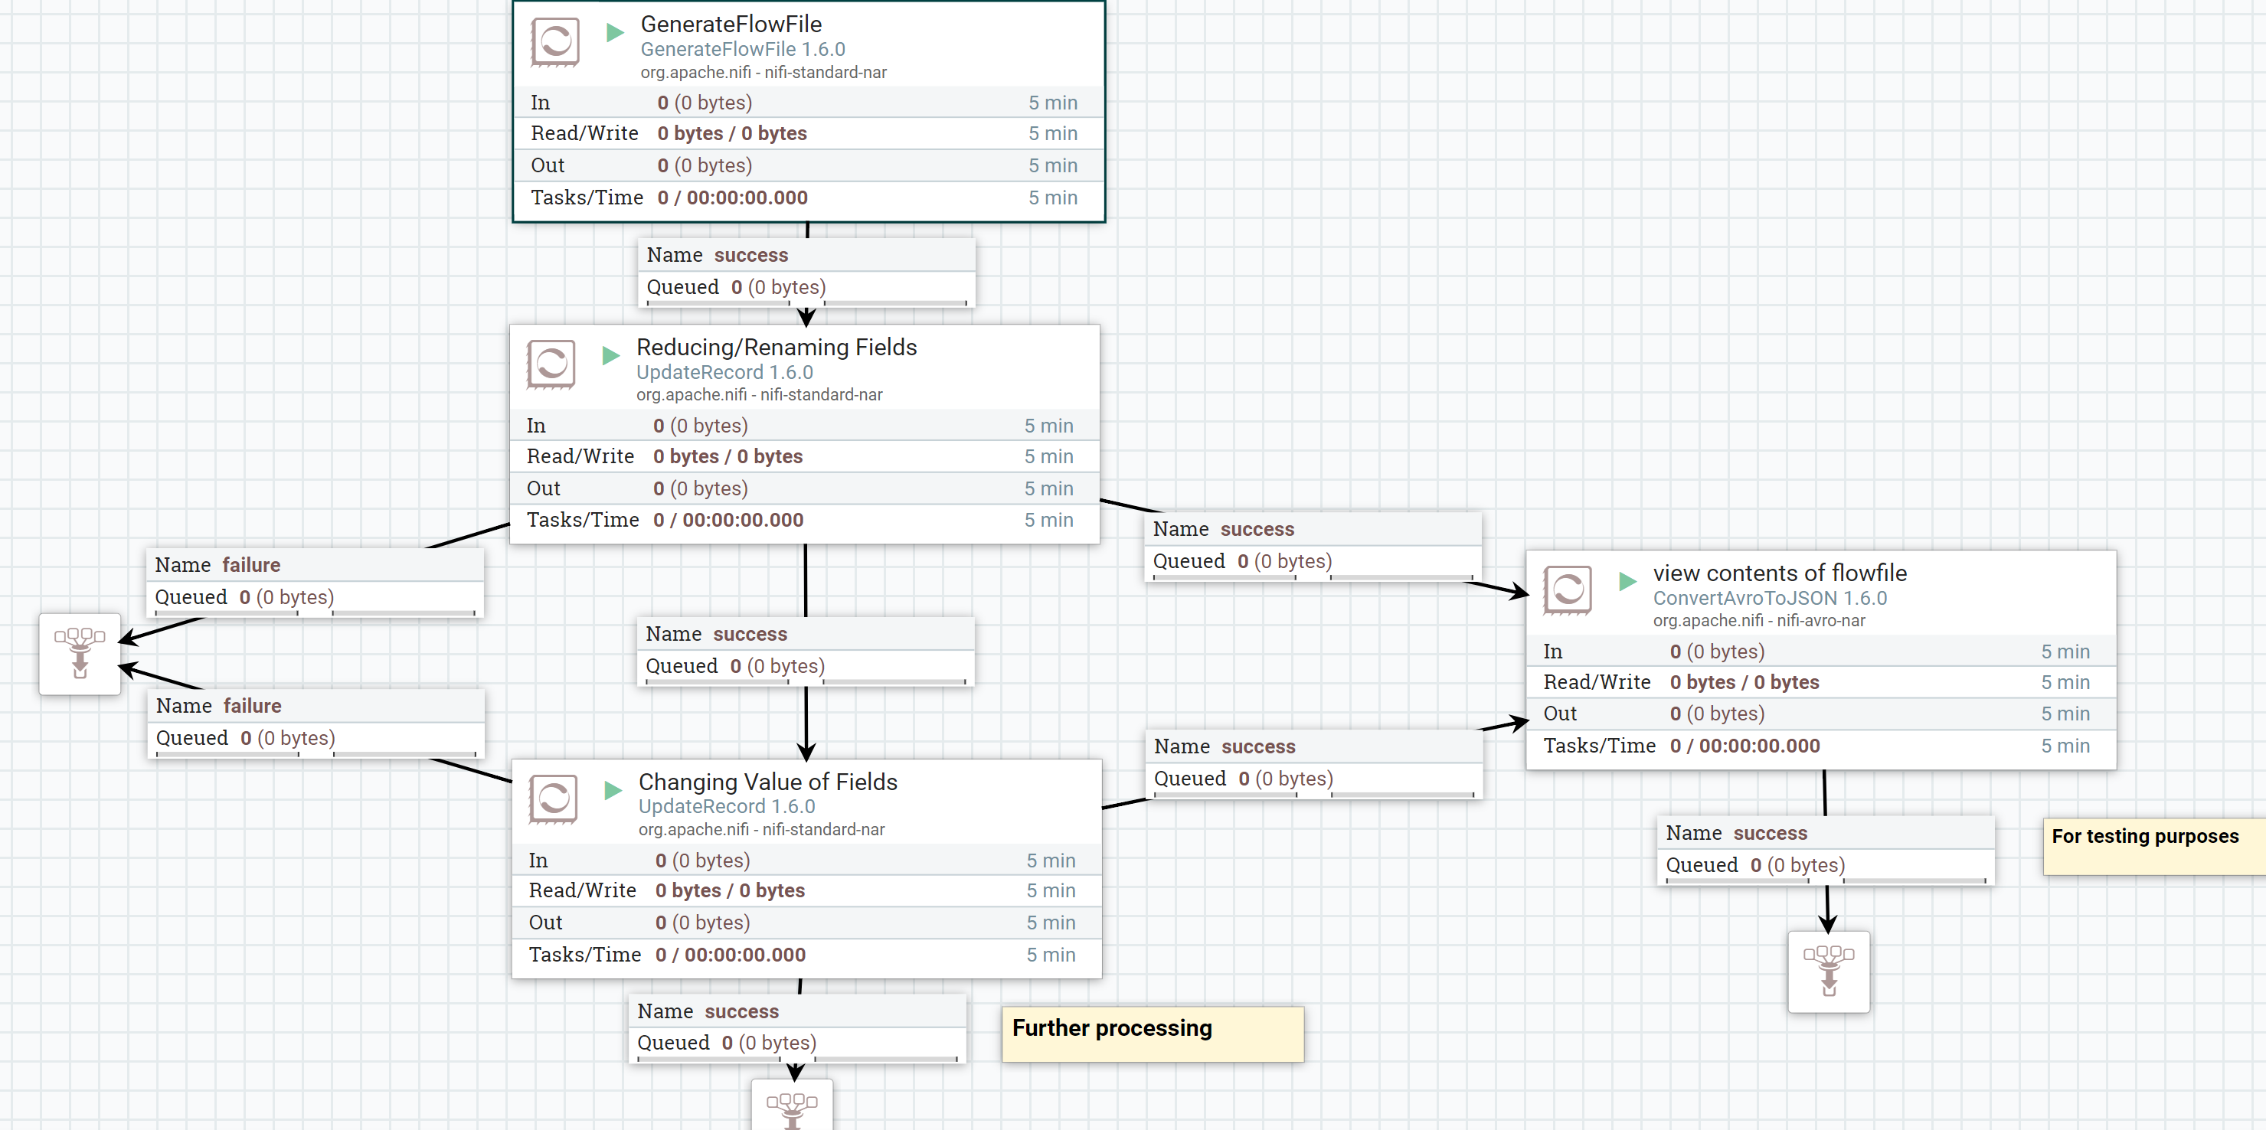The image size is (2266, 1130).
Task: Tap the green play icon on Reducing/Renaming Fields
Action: pyautogui.click(x=610, y=356)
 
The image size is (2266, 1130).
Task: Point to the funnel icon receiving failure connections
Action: pyautogui.click(x=79, y=653)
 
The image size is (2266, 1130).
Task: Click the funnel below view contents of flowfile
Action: pyautogui.click(x=1828, y=971)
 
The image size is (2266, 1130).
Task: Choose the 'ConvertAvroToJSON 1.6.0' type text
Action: pyautogui.click(x=1769, y=598)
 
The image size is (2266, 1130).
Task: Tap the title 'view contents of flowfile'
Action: pyautogui.click(x=1779, y=573)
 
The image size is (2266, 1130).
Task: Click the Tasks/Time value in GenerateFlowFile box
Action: pyautogui.click(x=732, y=197)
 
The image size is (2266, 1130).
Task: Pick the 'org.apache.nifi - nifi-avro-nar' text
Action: pyautogui.click(x=1758, y=621)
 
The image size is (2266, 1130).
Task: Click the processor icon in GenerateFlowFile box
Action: pyautogui.click(x=555, y=41)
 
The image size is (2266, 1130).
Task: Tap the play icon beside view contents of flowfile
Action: pyautogui.click(x=1627, y=580)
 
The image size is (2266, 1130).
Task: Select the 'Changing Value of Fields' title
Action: pyautogui.click(x=767, y=781)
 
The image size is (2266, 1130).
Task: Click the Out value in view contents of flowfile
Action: pyautogui.click(x=1716, y=714)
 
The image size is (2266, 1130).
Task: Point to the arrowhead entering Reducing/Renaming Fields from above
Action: pyautogui.click(x=806, y=317)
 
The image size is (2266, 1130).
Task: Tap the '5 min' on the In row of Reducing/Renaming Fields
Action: pyautogui.click(x=1048, y=426)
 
